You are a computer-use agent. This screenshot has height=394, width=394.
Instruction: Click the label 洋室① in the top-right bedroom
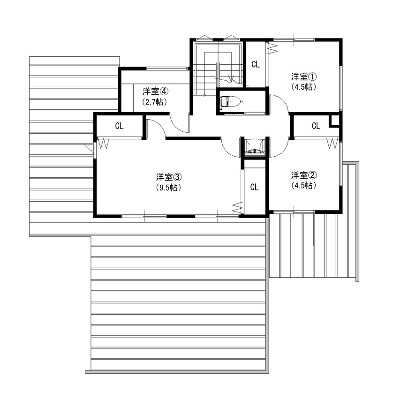(x=304, y=76)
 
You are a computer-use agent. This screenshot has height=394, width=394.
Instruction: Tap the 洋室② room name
(x=304, y=175)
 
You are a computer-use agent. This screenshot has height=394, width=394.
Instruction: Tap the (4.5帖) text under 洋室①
(x=304, y=87)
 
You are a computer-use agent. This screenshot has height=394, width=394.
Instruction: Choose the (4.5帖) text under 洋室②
(x=304, y=186)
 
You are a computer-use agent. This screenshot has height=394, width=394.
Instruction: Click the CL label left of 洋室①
(x=256, y=65)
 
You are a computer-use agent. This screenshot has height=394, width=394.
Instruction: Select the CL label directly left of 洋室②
(x=254, y=187)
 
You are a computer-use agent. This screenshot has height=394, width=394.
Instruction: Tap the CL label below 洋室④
(x=119, y=126)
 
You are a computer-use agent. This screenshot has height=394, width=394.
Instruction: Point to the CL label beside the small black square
(x=316, y=126)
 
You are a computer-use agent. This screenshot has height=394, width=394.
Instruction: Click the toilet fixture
(x=230, y=101)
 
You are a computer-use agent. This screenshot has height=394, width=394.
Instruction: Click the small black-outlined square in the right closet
(x=334, y=120)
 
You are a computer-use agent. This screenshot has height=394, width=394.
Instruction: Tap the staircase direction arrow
(x=230, y=78)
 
